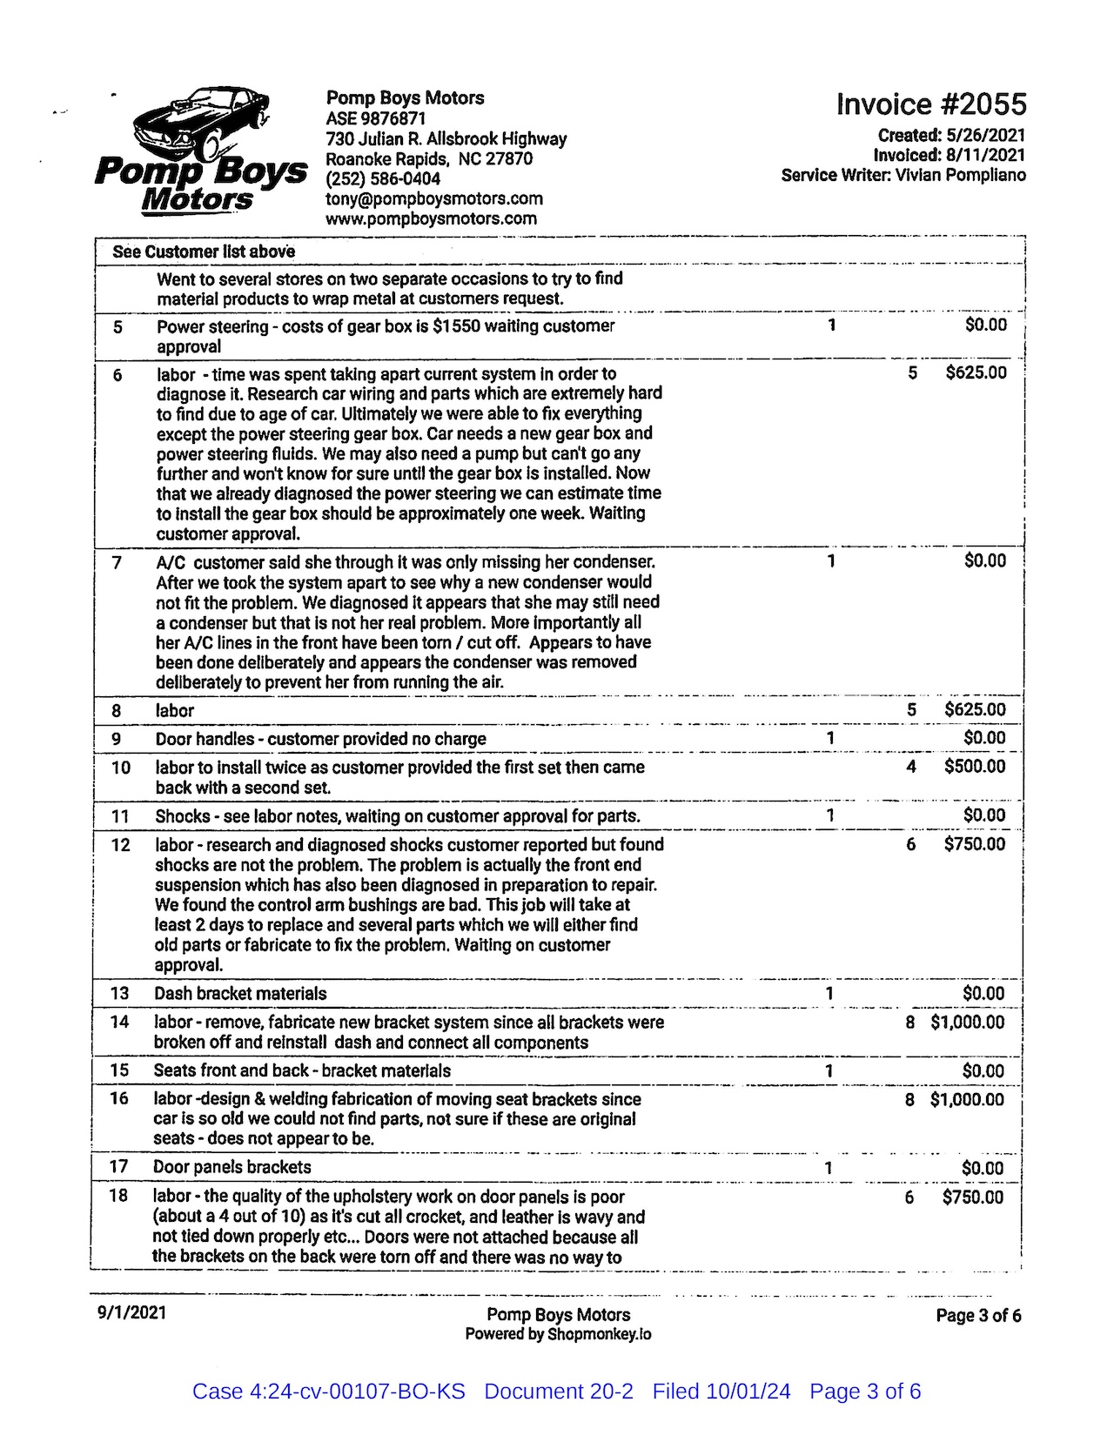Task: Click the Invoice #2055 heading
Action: pyautogui.click(x=930, y=104)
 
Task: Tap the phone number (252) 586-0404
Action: pyautogui.click(x=383, y=179)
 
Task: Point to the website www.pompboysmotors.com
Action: pyautogui.click(x=431, y=219)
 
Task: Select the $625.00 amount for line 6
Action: pyautogui.click(x=976, y=373)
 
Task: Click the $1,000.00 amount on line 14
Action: pyautogui.click(x=967, y=1023)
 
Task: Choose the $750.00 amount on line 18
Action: pyautogui.click(x=972, y=1197)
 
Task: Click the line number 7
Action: pyautogui.click(x=117, y=562)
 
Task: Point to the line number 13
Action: pyautogui.click(x=119, y=994)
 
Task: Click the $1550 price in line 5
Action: pyautogui.click(x=455, y=326)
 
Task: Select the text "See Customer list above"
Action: pyautogui.click(x=204, y=252)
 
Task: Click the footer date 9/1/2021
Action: pyautogui.click(x=131, y=1312)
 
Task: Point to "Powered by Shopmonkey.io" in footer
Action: pyautogui.click(x=558, y=1334)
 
